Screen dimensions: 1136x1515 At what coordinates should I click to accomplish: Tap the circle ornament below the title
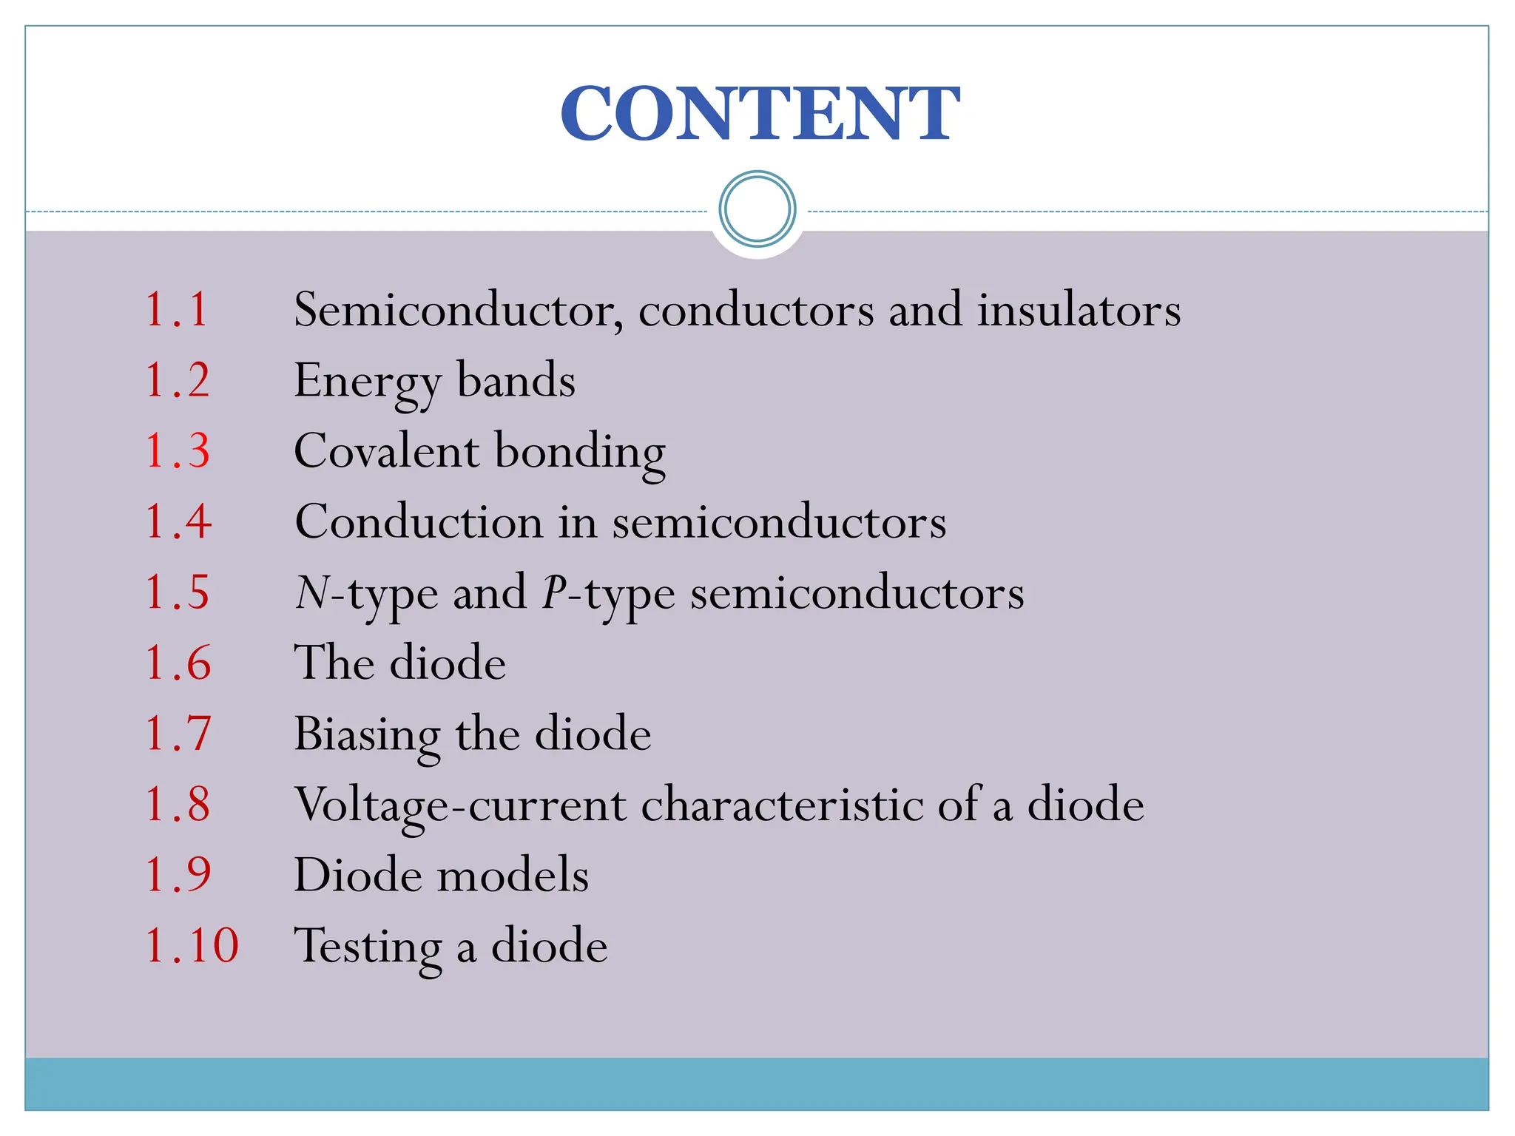[x=757, y=209]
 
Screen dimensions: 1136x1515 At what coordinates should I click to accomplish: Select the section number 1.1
[x=177, y=309]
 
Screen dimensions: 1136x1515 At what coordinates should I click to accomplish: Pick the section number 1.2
[x=178, y=380]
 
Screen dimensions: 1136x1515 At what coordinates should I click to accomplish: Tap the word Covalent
[x=386, y=450]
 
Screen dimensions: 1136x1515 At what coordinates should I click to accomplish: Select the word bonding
[x=580, y=453]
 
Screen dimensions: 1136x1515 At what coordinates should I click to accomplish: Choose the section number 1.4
[x=178, y=521]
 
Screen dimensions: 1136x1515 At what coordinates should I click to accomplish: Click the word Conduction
[x=419, y=522]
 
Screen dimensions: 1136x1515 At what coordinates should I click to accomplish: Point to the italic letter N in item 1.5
[x=311, y=592]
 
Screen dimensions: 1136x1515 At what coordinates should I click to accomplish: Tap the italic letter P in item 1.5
[x=553, y=592]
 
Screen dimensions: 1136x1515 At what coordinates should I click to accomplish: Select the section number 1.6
[x=178, y=663]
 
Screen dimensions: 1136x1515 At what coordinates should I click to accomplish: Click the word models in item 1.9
[x=513, y=875]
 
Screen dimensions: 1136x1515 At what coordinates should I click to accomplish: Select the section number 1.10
[x=192, y=945]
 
